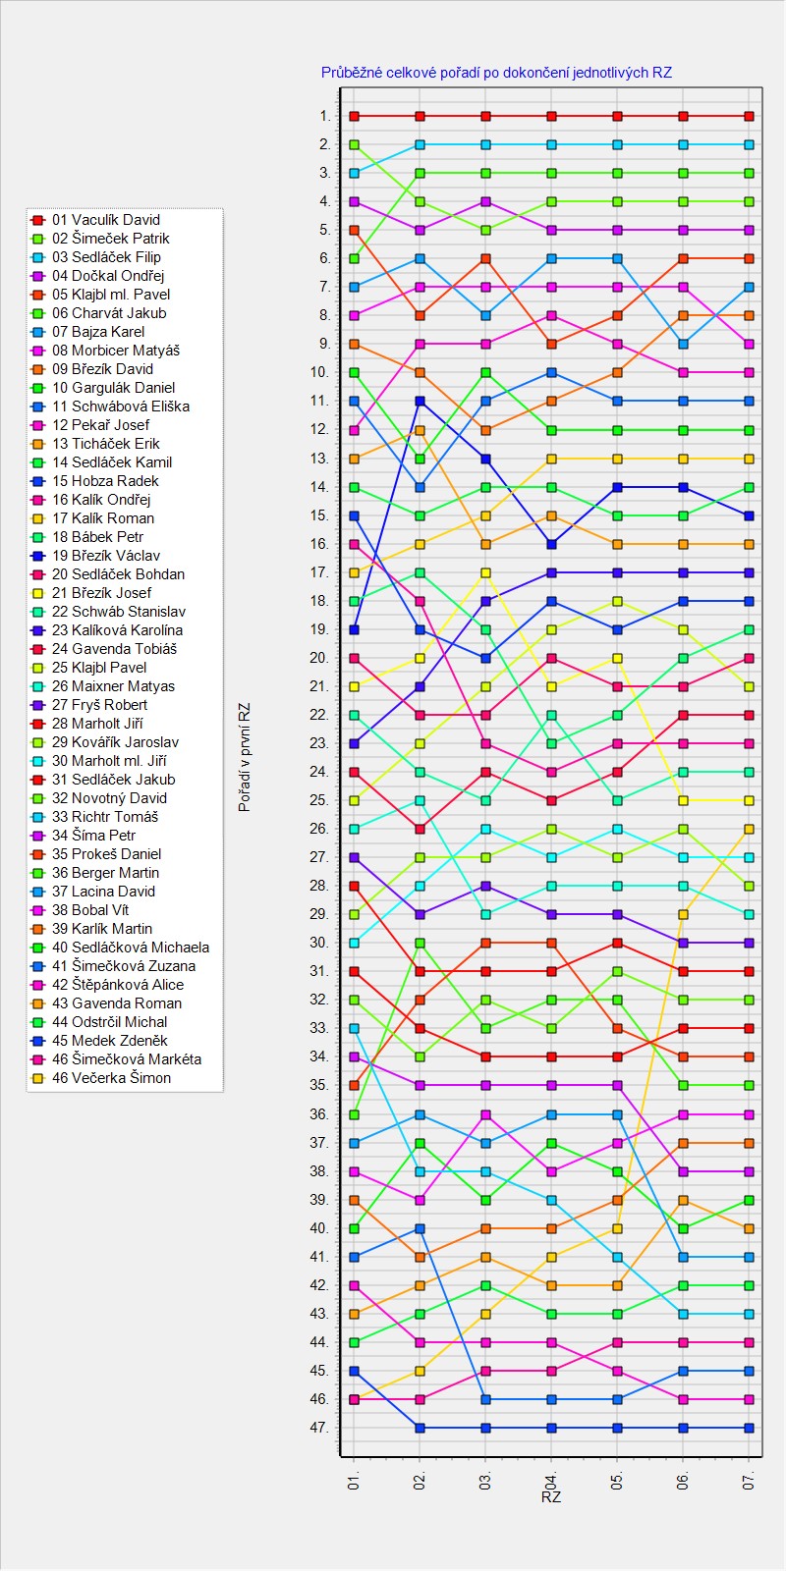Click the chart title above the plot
pos(496,73)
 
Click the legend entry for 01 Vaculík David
pos(106,220)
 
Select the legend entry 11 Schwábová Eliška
pos(121,406)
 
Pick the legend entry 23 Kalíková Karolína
pos(117,630)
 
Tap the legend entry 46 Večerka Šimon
pos(111,1078)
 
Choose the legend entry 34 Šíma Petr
pos(94,836)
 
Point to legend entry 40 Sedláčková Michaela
pos(131,948)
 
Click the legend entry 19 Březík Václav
pos(106,556)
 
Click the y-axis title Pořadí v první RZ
pos(245,756)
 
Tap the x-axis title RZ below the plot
pos(551,1497)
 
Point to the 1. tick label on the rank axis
pos(325,116)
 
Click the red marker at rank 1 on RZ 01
pos(355,116)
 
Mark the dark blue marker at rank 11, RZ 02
pos(420,401)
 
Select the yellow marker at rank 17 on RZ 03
pos(485,572)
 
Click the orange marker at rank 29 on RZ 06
pos(684,914)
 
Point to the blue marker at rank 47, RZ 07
pos(750,1428)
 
